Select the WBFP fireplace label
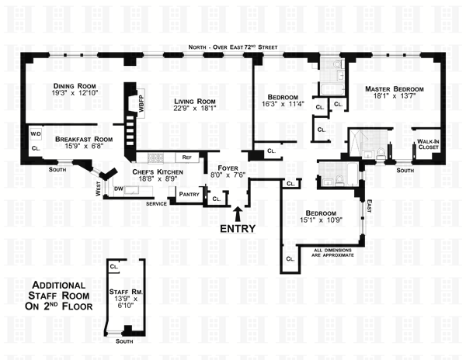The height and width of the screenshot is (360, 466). point(141,106)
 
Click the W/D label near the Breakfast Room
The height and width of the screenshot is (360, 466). point(36,133)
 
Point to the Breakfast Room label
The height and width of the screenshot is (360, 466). point(84,140)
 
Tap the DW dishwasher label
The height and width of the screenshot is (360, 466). point(119,189)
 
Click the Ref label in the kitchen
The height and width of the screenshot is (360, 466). point(186,157)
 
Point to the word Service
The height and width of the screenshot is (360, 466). point(158,203)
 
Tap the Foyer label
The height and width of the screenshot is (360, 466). point(226,165)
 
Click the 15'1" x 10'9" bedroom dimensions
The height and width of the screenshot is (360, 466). point(320,223)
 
